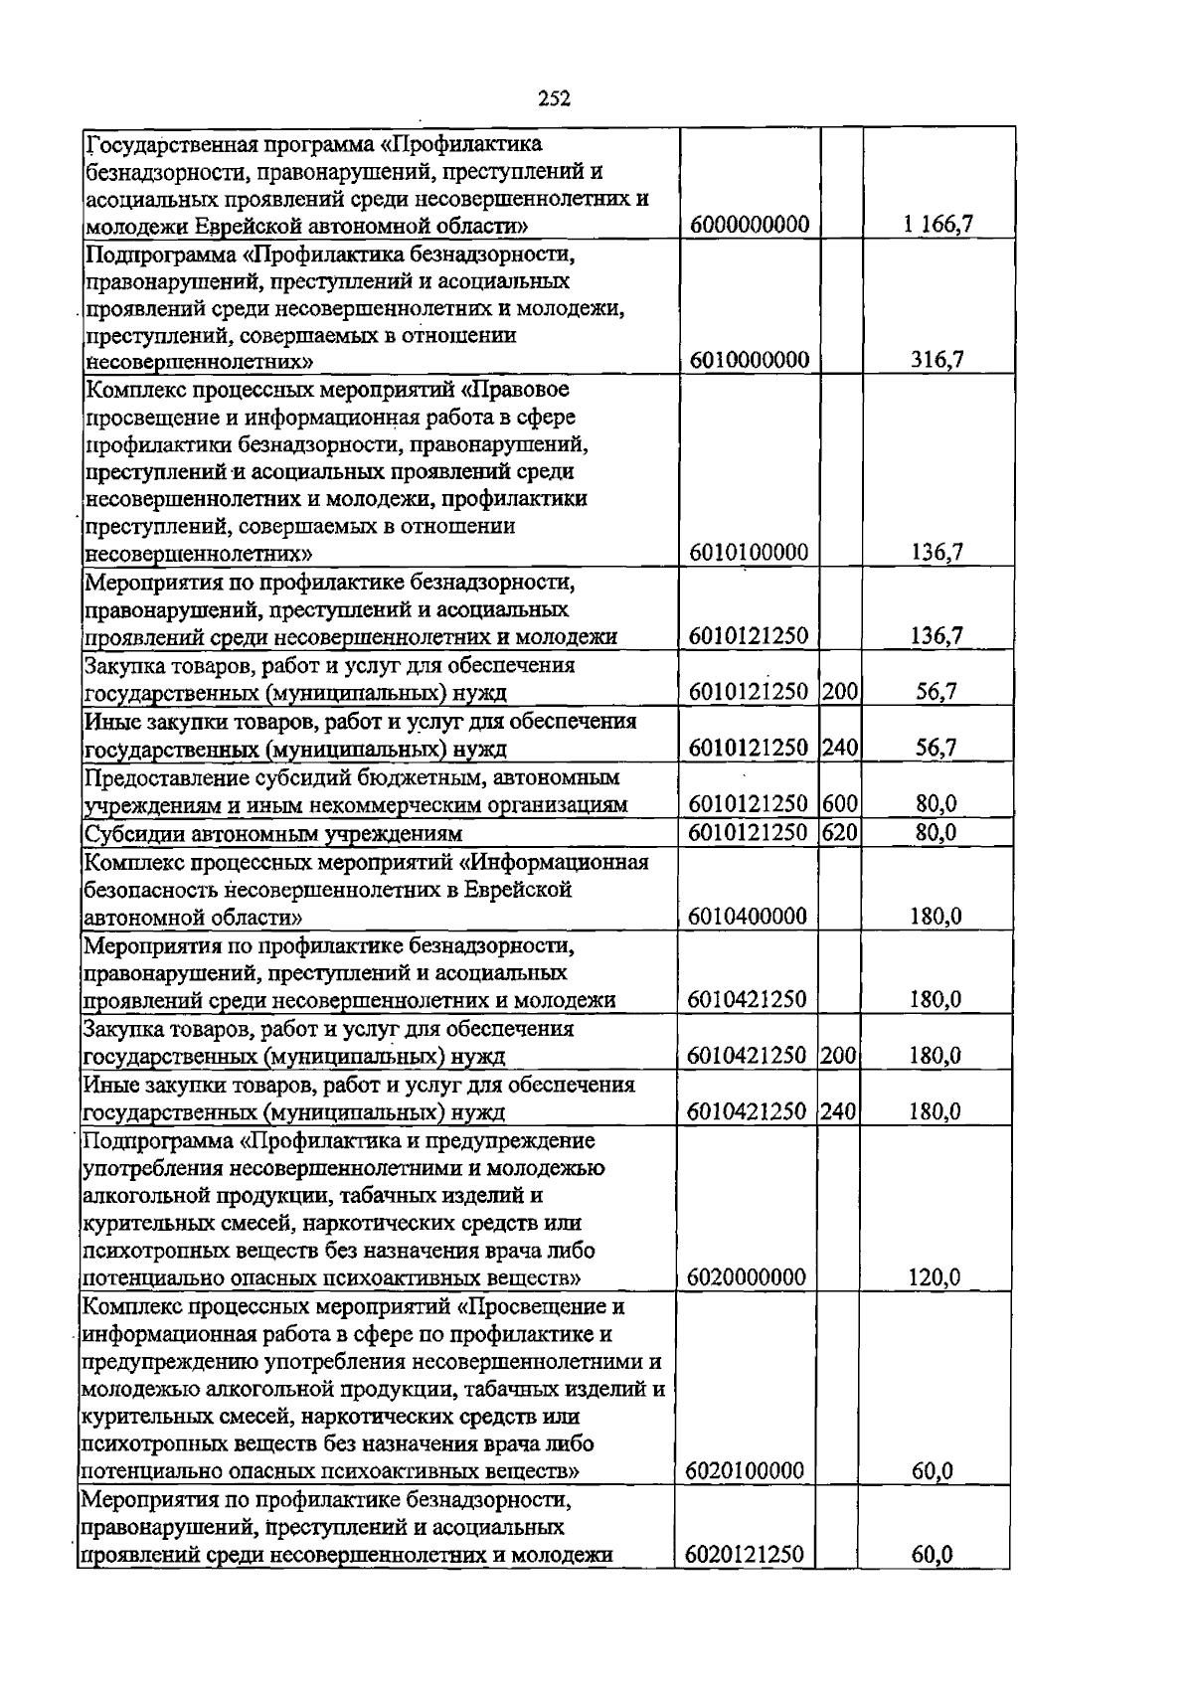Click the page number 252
click(554, 97)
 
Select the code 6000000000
click(749, 225)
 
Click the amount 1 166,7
click(937, 225)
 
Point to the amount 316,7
click(937, 360)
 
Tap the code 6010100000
click(749, 552)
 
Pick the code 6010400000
click(748, 916)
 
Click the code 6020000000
click(747, 1276)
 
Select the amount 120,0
click(936, 1276)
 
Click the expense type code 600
click(840, 804)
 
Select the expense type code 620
click(840, 832)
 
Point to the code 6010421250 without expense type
click(748, 999)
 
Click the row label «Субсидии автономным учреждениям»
click(273, 833)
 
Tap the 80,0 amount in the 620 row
click(936, 832)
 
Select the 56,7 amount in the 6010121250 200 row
click(937, 692)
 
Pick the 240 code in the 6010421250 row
click(839, 1111)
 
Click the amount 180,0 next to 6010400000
click(936, 916)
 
